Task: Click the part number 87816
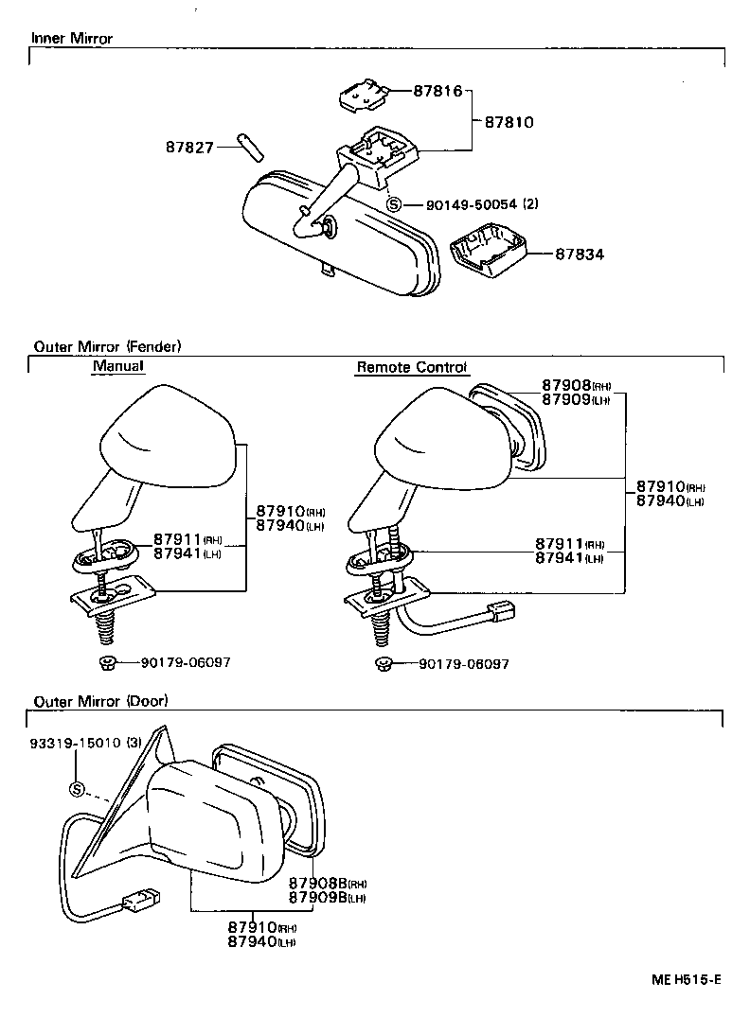(x=437, y=92)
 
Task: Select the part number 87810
(x=509, y=122)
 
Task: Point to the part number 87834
(x=580, y=254)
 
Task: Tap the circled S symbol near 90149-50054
(x=395, y=203)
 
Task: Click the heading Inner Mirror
(x=72, y=39)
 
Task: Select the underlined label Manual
(x=118, y=366)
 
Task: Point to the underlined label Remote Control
(x=412, y=367)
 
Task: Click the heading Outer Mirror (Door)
(x=100, y=701)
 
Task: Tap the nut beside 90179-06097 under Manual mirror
(x=107, y=662)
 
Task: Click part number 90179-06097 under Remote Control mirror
(x=464, y=664)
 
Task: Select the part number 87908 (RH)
(x=577, y=386)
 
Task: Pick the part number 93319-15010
(x=80, y=743)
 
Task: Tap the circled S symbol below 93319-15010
(x=78, y=790)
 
